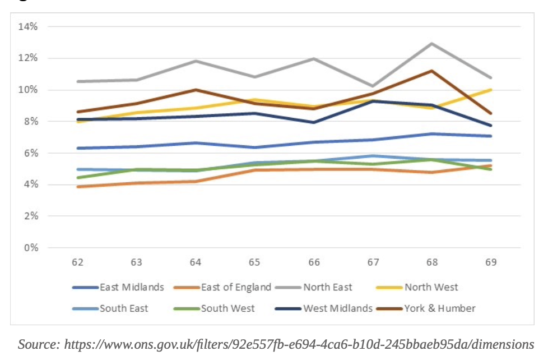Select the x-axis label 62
tap(77, 262)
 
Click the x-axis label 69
tap(491, 262)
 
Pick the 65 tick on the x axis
tap(254, 262)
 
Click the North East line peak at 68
tap(432, 43)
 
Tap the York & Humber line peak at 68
tap(432, 71)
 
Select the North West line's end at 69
tap(491, 90)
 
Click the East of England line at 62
tap(77, 187)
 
